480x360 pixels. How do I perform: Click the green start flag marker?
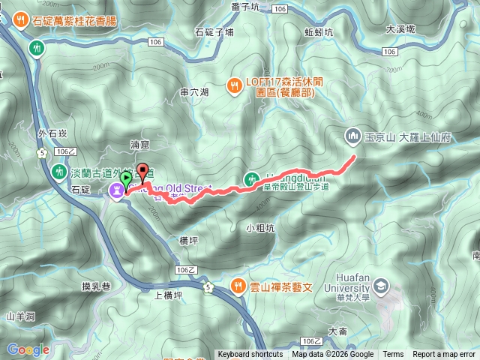(x=127, y=179)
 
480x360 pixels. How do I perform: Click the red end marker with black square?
(x=142, y=168)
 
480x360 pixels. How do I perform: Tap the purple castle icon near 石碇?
(x=118, y=191)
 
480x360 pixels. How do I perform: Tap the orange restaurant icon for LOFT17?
(x=235, y=85)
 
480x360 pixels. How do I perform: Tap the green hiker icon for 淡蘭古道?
(x=58, y=172)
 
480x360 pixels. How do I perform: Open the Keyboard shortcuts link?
(x=250, y=355)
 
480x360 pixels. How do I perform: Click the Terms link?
(x=393, y=355)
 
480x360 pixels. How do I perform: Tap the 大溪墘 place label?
(x=400, y=30)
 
